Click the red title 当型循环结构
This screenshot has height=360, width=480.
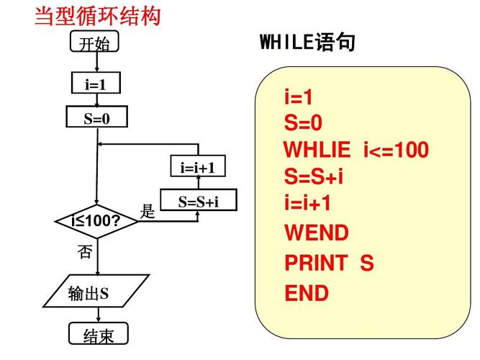pos(98,15)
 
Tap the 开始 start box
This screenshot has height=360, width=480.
pos(95,44)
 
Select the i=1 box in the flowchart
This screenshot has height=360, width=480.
pos(96,84)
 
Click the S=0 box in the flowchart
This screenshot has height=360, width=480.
pos(96,117)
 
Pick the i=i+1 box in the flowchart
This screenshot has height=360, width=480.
pos(198,168)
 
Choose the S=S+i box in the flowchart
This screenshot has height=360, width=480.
pos(198,202)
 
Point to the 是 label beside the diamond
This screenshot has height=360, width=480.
pos(148,212)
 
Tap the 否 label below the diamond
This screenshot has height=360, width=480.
pos(85,251)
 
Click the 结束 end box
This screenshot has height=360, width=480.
pos(98,336)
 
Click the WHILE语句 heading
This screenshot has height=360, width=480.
pos(307,43)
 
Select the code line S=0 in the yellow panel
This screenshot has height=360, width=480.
pos(303,124)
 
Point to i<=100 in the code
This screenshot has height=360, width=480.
pos(396,150)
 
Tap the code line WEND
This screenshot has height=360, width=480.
pos(317,233)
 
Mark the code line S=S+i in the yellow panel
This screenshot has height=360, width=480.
pos(314,176)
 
